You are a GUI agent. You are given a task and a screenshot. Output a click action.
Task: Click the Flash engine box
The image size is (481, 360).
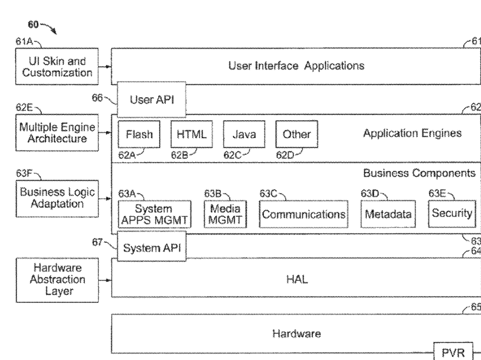[139, 134]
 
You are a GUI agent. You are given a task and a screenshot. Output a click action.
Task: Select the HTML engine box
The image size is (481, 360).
[192, 134]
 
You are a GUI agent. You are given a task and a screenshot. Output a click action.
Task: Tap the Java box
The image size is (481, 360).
[244, 134]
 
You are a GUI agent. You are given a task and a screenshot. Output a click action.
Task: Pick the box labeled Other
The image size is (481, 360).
[297, 134]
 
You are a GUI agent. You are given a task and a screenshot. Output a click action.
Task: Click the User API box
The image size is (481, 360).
[152, 100]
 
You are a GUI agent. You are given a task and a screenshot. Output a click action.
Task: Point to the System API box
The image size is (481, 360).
[152, 247]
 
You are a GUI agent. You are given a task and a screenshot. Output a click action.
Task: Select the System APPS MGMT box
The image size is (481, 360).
[155, 214]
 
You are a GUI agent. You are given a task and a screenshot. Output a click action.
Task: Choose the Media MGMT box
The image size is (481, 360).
[225, 214]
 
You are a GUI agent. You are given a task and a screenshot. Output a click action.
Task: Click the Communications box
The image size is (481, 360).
[304, 214]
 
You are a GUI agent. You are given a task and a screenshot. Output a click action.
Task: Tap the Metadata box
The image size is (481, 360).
[388, 214]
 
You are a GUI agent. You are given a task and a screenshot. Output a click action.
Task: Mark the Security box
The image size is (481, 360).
[452, 214]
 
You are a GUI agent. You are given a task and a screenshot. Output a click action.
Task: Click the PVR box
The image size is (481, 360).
[453, 352]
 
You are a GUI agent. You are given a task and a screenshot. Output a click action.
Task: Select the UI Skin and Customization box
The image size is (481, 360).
[57, 66]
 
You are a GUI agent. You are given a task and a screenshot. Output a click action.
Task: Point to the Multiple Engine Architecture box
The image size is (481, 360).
[57, 132]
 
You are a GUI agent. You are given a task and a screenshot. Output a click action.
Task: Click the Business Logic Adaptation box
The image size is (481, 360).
[58, 199]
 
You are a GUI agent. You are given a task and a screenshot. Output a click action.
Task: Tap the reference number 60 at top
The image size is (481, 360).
[33, 24]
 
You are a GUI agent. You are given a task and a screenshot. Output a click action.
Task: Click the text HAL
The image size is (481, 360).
[297, 280]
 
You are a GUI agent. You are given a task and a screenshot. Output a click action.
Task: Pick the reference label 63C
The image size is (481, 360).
[268, 194]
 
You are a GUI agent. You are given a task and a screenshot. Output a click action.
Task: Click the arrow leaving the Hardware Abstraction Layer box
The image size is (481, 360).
[105, 280]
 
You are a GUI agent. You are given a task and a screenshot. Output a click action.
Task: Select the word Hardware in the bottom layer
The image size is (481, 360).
[297, 334]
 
